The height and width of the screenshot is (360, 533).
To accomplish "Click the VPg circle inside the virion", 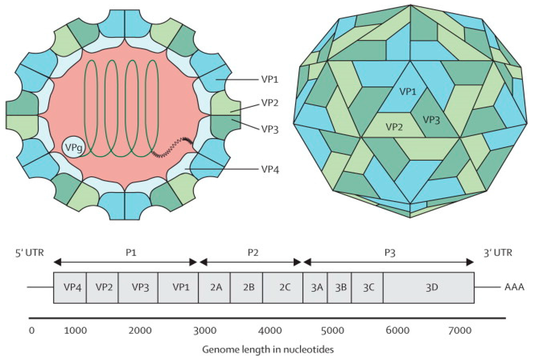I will [72, 147].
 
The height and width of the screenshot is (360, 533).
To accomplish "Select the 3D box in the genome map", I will [428, 287].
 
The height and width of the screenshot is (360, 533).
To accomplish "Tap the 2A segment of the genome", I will [214, 287].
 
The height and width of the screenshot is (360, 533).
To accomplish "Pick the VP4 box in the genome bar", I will [70, 287].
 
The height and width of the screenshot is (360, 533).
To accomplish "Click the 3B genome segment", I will [339, 287].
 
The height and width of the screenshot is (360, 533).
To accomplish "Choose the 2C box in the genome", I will [283, 287].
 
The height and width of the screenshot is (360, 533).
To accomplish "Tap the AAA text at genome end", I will [513, 287].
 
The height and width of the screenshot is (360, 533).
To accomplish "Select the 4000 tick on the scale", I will [270, 330].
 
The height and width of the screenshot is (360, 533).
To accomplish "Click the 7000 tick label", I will [459, 330].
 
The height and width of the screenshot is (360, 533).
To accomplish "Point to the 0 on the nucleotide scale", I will [32, 330].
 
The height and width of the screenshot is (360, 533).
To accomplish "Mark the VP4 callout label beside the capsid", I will [269, 169].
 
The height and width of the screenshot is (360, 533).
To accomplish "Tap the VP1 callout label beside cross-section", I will [269, 79].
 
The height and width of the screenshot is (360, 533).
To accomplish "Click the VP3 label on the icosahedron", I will [432, 119].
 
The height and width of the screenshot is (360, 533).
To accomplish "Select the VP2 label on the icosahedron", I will [395, 126].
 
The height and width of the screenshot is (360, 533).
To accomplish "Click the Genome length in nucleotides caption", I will [268, 349].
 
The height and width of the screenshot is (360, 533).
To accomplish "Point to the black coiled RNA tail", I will [173, 146].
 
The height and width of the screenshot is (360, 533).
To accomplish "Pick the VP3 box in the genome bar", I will [138, 287].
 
